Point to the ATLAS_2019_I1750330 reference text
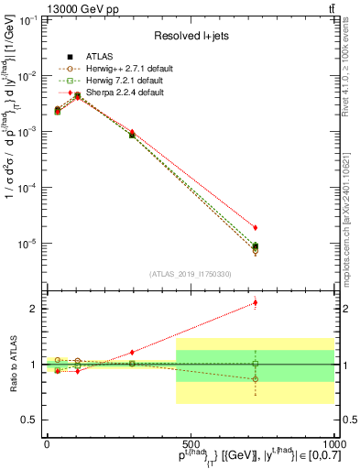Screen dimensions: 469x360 (x=190, y=273)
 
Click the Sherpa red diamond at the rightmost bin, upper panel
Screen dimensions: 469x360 (x=256, y=227)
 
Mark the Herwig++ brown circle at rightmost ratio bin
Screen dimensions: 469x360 (x=256, y=378)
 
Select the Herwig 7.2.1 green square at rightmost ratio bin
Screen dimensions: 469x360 (x=256, y=364)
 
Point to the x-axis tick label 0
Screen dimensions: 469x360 (x=47, y=444)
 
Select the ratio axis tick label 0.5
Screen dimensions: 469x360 (x=31, y=420)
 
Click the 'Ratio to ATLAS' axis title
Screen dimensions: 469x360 (x=12, y=365)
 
